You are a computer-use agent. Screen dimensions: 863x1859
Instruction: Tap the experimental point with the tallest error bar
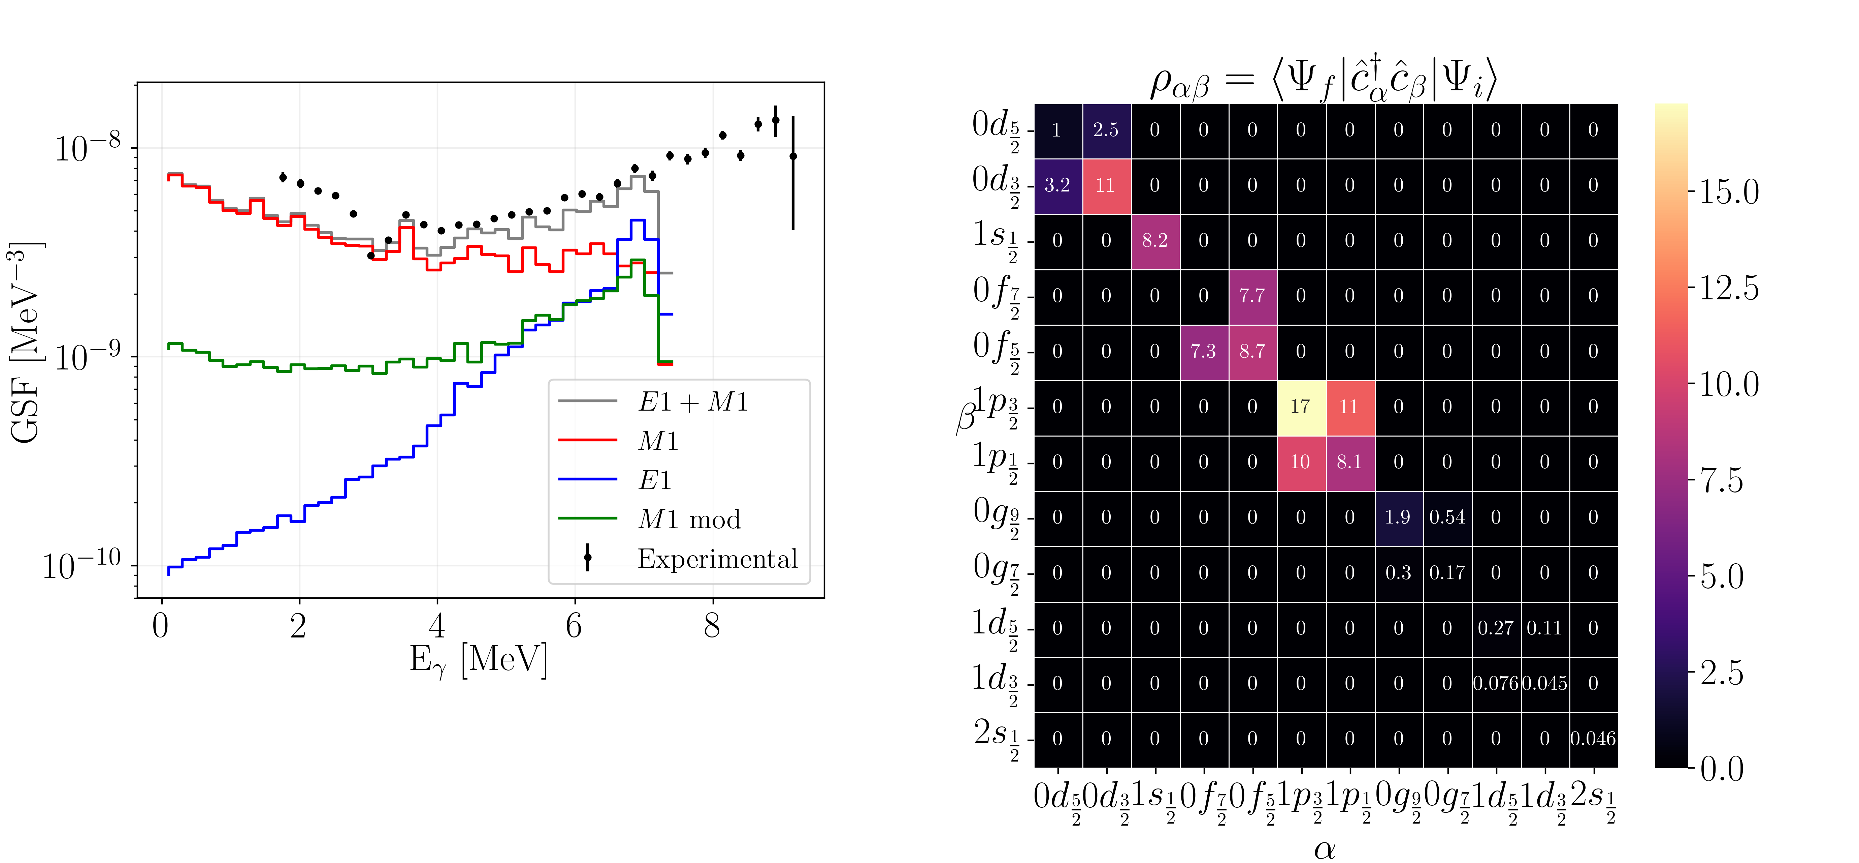pyautogui.click(x=793, y=156)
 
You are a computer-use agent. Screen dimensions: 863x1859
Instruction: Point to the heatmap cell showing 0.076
pyautogui.click(x=1495, y=683)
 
